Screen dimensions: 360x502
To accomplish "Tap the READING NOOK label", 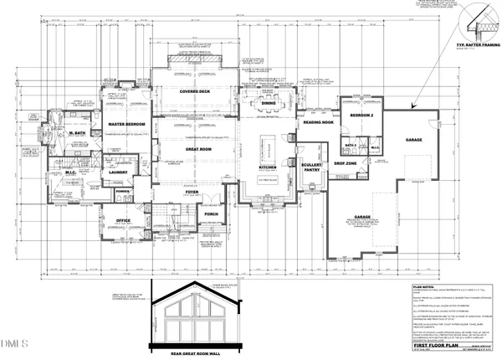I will [319, 121].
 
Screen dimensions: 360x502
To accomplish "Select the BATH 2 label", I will [351, 144].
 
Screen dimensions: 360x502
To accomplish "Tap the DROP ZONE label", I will [346, 164].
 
